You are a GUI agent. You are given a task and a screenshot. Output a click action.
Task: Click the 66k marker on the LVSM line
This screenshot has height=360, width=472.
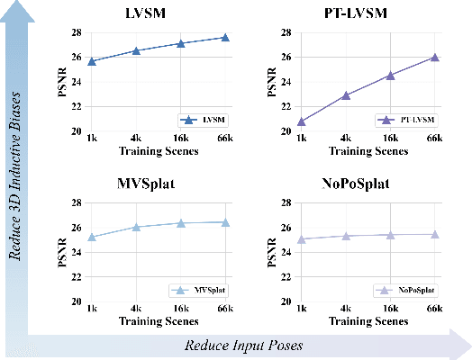tap(225, 38)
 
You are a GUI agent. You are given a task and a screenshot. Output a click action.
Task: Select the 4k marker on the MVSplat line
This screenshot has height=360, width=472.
tap(136, 227)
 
